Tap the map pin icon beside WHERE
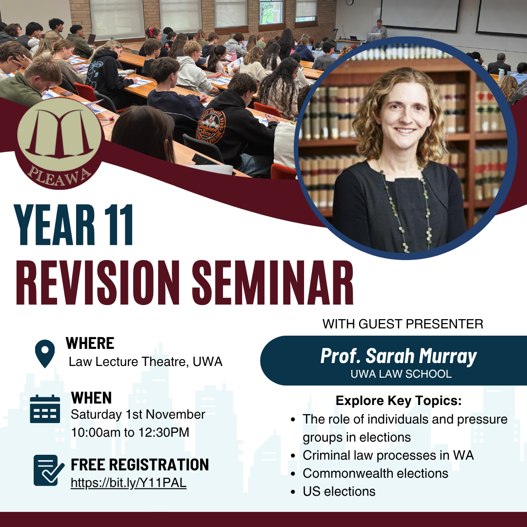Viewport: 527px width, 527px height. (45, 354)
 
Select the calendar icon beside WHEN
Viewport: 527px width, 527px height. (45, 409)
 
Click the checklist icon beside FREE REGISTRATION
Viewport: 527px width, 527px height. (48, 470)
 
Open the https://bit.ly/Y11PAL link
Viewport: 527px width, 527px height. (128, 483)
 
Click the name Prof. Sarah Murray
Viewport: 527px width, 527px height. (398, 357)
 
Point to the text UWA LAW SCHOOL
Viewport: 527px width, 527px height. (401, 374)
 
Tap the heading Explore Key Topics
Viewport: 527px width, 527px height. (399, 401)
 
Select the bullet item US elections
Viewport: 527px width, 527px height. (339, 491)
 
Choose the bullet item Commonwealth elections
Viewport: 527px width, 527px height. (375, 473)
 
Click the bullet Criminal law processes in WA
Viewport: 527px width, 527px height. (388, 455)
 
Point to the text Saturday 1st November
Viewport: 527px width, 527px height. (138, 414)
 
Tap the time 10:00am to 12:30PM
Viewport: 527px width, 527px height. (130, 432)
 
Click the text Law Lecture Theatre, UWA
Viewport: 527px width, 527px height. (145, 362)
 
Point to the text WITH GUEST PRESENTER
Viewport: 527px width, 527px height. (403, 324)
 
